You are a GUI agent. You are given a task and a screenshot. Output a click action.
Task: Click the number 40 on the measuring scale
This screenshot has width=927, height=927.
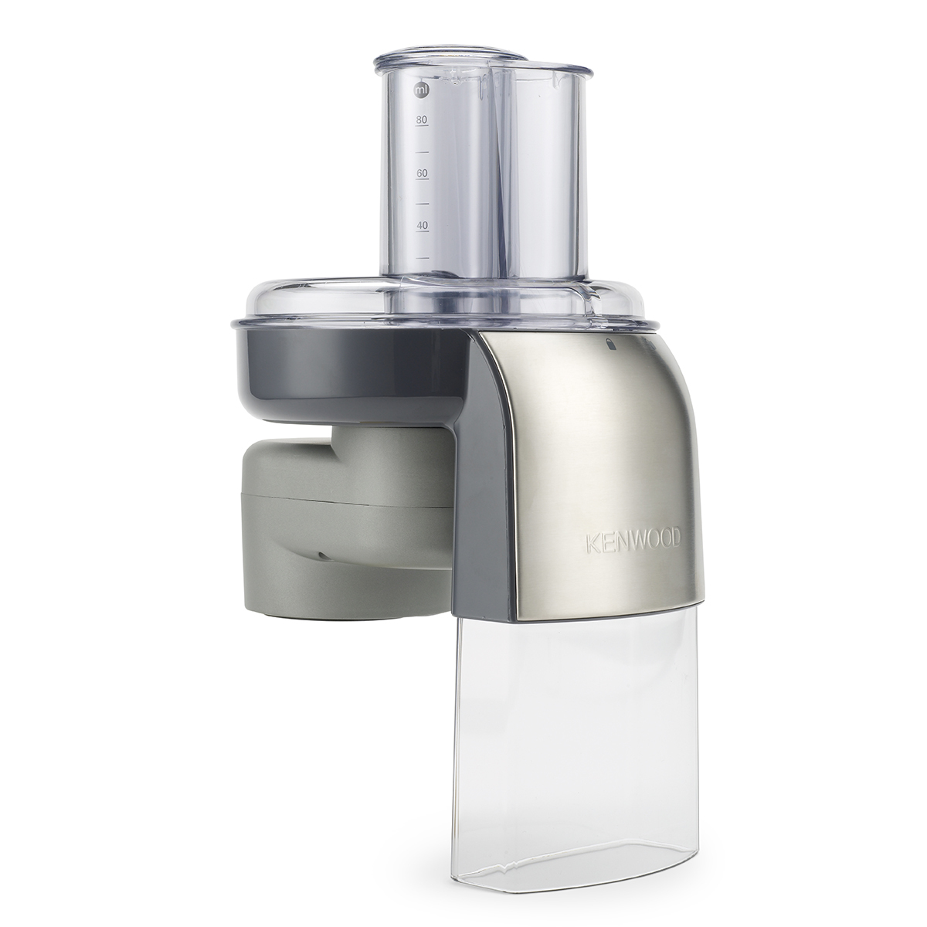422,225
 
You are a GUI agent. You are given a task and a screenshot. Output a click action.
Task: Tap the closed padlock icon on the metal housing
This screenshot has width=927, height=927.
611,345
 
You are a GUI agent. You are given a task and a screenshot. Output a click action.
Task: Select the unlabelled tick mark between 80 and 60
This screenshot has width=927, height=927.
422,151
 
